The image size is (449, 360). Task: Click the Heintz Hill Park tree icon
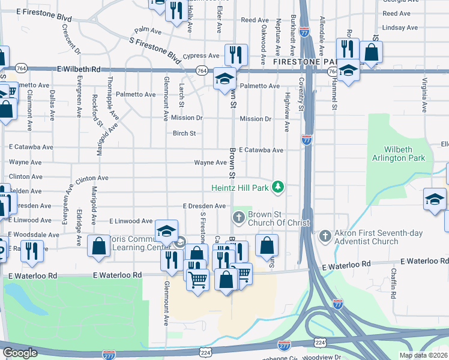277,188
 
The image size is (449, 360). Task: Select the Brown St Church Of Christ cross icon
239,217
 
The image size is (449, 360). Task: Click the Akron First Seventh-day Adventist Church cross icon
325,236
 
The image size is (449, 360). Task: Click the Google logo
20,353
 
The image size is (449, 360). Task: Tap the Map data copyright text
423,355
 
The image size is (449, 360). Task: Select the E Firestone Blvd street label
44,11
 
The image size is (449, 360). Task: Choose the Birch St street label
184,133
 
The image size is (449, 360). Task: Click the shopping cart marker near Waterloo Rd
198,279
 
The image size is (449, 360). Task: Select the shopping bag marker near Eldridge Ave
98,247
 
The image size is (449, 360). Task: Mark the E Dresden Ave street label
205,206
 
